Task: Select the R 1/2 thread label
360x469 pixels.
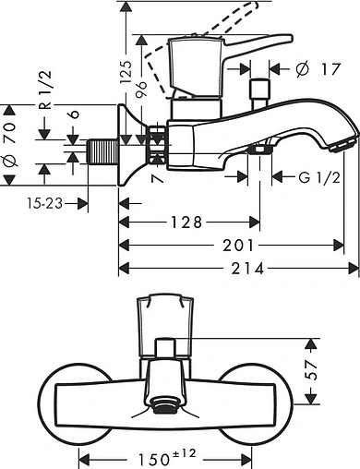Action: pos(43,89)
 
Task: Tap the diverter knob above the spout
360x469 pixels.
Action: pos(261,90)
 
